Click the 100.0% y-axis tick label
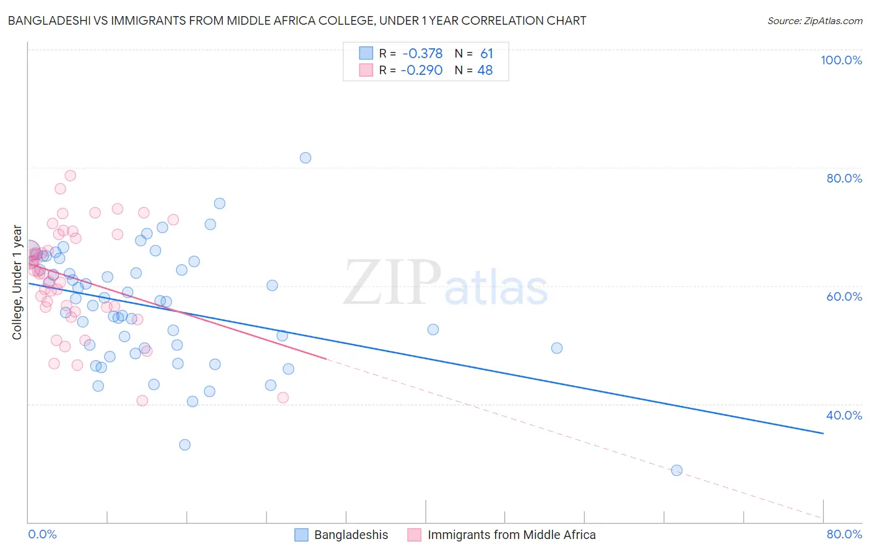pos(841,60)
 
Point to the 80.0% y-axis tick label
pos(844,178)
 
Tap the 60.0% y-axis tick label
pos(844,296)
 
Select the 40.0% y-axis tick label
pos(844,415)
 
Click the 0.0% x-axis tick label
pos(42,534)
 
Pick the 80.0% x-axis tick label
pos(844,534)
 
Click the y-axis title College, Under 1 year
pos(17,282)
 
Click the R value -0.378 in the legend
pos(422,54)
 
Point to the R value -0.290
pos(421,71)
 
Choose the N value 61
pos(486,54)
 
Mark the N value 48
pos(485,71)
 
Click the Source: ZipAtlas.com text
pos(814,21)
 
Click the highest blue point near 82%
pos(305,158)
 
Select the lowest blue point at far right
pos(676,470)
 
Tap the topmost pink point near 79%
pos(71,176)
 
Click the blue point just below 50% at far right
pos(556,348)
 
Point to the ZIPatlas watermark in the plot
pos(446,283)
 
